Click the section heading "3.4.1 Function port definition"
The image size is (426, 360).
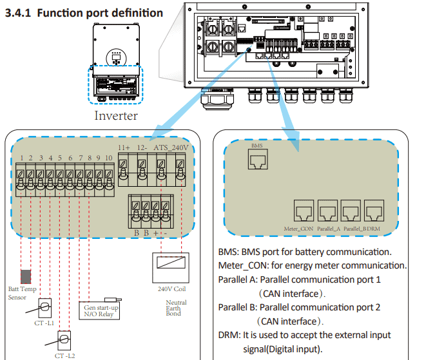[84, 13]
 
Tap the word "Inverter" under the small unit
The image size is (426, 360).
[116, 115]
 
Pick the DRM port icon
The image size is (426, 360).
[374, 210]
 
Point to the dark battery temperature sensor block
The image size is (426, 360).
[26, 276]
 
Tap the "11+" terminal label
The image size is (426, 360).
[124, 147]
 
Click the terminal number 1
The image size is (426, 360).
[21, 158]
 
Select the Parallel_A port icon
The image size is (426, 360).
[327, 210]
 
